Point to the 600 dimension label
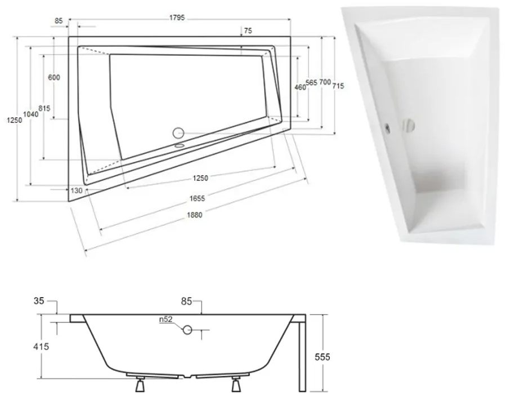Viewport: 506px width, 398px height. [x=54, y=78]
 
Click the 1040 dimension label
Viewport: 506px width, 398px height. [x=32, y=113]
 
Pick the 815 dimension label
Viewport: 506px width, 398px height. [x=44, y=108]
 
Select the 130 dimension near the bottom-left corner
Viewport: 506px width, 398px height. [x=77, y=191]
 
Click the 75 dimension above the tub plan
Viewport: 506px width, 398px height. [x=248, y=32]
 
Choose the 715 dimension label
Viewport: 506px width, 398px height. [x=338, y=86]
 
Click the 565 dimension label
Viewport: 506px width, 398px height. [x=311, y=83]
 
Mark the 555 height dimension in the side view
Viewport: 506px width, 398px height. [x=322, y=356]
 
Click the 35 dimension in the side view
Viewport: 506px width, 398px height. [x=38, y=301]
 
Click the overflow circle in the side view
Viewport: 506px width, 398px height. [x=187, y=330]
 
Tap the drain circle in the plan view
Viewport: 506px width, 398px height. [x=178, y=134]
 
